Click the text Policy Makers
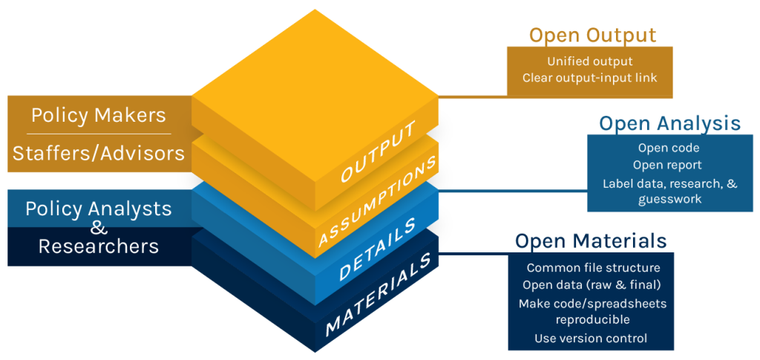[x=99, y=115]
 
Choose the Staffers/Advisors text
[x=99, y=153]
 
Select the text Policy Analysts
[x=99, y=209]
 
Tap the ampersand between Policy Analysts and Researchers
[x=99, y=227]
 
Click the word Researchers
[x=99, y=246]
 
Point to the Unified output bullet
[x=590, y=62]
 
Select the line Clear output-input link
[x=590, y=77]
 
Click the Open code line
[x=667, y=148]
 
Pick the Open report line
[x=667, y=165]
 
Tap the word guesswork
[x=668, y=200]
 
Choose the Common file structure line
[x=593, y=268]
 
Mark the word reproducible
[x=593, y=319]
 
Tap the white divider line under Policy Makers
[x=99, y=134]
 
